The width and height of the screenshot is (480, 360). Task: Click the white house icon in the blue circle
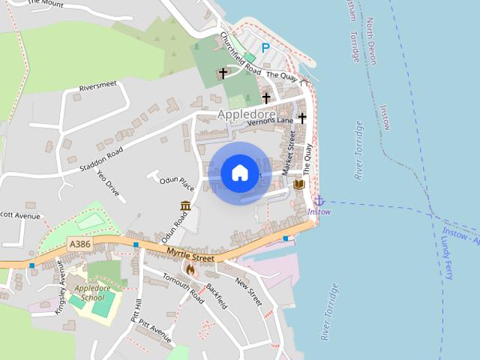pos(239,172)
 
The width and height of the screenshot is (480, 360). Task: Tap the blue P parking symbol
pos(265,48)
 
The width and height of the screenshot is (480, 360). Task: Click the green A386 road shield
pos(79,244)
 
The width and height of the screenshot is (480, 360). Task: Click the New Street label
pos(248,292)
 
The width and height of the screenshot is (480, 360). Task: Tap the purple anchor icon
pos(319,200)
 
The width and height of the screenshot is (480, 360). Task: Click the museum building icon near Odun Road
pos(185,205)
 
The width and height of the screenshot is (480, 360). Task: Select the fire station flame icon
pos(190,269)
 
